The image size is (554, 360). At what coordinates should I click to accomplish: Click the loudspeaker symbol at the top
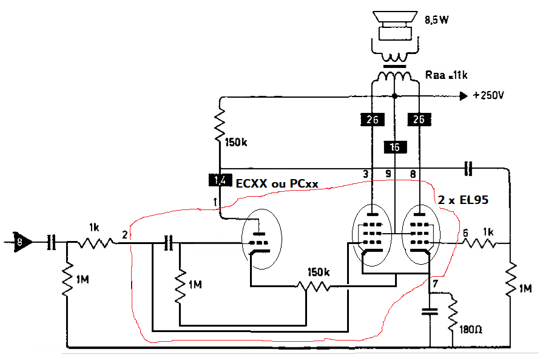395,26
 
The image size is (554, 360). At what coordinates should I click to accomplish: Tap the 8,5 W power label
437,20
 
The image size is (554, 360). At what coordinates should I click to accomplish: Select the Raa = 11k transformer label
446,75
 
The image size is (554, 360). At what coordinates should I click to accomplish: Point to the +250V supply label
488,95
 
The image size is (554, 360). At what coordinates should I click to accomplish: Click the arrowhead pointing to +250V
464,96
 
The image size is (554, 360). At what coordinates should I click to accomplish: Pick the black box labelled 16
396,147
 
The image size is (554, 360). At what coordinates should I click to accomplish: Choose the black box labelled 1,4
220,180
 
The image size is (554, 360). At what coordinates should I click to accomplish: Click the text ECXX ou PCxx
277,183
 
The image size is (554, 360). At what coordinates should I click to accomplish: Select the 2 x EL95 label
463,200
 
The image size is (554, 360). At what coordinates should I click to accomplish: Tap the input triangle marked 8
22,242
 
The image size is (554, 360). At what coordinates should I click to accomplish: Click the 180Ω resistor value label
471,330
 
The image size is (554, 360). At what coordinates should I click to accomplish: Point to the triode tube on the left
262,239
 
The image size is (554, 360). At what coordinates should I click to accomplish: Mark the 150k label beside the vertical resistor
236,142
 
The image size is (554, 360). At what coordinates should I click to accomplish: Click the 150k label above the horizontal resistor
319,272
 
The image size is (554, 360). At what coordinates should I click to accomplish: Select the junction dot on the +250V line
395,96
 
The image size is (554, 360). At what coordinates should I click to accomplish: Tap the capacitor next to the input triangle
52,242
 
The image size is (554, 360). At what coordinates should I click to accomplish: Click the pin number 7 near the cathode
435,284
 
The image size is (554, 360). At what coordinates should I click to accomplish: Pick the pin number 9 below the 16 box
388,173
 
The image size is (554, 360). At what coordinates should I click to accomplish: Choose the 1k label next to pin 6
488,232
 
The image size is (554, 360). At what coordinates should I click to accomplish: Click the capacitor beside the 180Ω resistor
430,311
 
